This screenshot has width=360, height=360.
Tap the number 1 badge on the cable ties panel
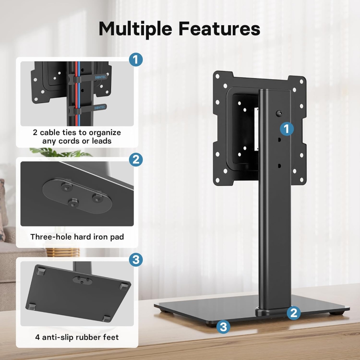click(x=136, y=60)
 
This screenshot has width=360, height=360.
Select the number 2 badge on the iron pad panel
click(x=136, y=160)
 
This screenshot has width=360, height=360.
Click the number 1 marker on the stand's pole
click(x=286, y=129)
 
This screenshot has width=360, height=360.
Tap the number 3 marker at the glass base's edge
click(x=223, y=327)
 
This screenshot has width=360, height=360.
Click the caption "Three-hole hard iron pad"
click(x=77, y=237)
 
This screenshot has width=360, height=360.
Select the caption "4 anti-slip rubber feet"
click(x=77, y=337)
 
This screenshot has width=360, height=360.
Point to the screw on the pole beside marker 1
click(x=278, y=114)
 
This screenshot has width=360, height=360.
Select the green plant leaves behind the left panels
click(x=60, y=152)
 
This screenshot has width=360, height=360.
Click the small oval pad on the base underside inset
click(x=82, y=279)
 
